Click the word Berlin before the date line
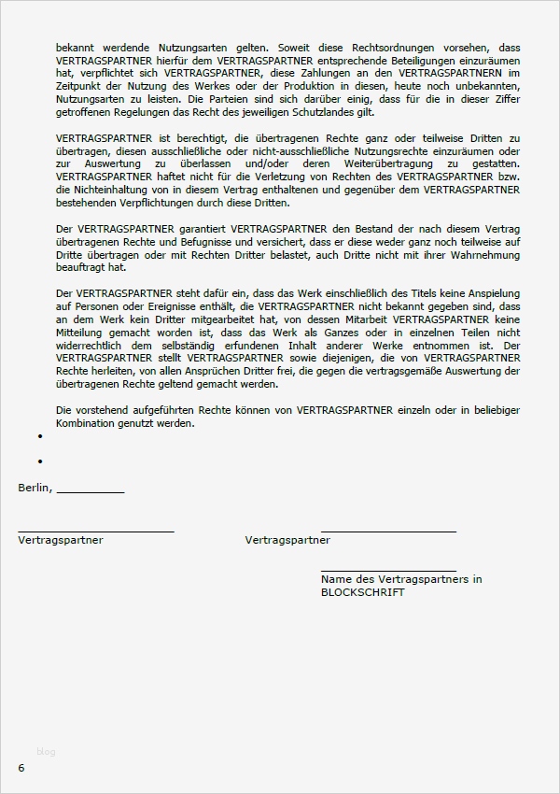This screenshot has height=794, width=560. click(35, 487)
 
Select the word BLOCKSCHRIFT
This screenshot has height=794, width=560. click(363, 592)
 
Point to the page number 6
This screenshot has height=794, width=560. click(21, 767)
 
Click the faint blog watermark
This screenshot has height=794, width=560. click(46, 751)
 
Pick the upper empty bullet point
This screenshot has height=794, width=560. click(41, 436)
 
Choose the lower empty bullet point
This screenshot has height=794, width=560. click(41, 461)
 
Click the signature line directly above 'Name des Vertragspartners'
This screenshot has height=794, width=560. click(388, 570)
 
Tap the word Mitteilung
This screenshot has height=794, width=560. click(81, 332)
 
